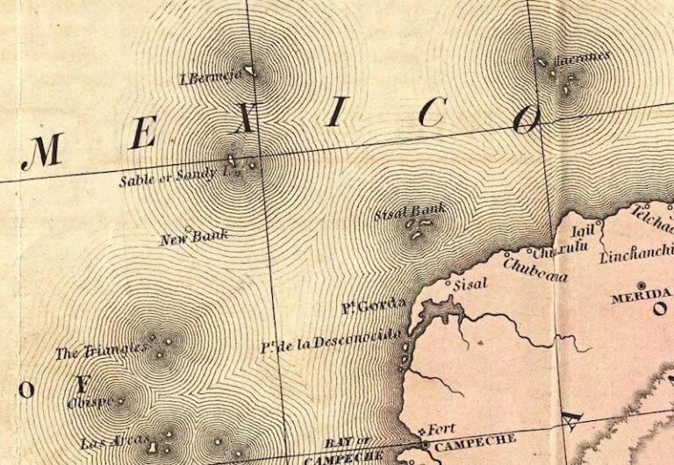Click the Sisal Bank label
410,210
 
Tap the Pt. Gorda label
373,307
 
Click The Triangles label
99,352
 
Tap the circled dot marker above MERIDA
642,286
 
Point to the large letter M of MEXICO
42,152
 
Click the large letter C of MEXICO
432,112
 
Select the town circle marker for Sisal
449,284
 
